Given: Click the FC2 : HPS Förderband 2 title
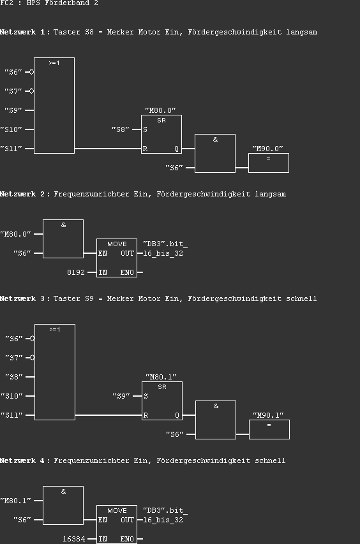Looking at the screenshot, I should [x=49, y=3].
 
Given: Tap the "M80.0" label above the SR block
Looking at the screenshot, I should [x=161, y=110].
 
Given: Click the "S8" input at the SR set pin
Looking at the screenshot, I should [x=121, y=129].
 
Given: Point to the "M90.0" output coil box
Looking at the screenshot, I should [x=268, y=162].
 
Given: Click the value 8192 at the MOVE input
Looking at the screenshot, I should [x=76, y=272].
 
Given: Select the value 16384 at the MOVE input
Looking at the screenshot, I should [x=73, y=539].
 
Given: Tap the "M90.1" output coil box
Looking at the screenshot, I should [x=269, y=429].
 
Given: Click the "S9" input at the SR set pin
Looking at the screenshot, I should [x=121, y=396].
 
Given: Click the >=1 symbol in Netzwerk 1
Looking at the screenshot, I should [x=54, y=63].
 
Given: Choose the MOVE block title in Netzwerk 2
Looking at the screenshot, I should [x=117, y=244].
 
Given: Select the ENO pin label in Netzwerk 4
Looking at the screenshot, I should [x=127, y=539].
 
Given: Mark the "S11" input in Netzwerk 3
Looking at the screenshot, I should [x=13, y=415].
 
